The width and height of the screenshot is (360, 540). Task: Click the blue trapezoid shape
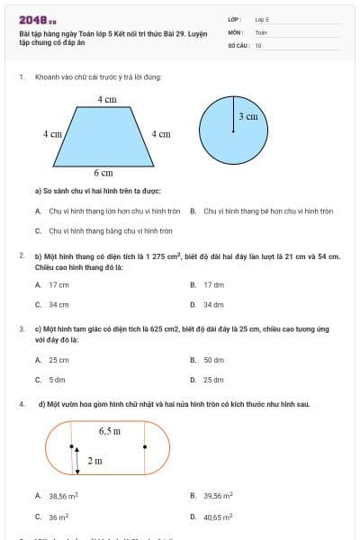107,136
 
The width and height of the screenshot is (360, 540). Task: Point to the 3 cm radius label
247,117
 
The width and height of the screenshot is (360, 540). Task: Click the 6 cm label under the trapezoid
104,172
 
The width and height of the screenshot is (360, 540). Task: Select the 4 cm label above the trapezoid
107,100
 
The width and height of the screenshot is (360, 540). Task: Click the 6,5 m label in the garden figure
110,432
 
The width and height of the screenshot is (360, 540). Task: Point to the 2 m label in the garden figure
95,460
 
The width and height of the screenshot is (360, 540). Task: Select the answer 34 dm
212,304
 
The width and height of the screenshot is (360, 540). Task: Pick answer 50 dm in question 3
213,360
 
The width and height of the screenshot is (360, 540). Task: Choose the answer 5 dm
57,380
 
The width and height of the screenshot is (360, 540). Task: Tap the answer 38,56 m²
64,496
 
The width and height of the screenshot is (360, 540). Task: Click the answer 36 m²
58,517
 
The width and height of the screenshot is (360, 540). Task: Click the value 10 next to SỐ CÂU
258,44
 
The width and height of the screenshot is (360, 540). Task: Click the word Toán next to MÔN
261,31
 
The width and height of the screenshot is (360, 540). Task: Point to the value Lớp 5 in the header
262,19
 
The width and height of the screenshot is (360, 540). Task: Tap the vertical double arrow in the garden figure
77,460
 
